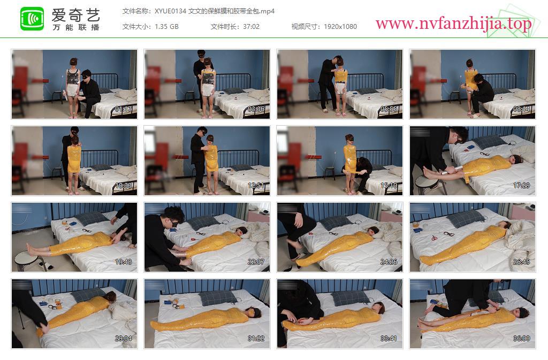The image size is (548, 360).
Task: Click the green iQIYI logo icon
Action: point(32,19)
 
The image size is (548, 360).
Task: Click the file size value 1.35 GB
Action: point(166,27)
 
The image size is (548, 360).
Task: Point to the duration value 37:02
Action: point(252,27)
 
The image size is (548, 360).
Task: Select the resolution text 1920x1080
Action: point(340,27)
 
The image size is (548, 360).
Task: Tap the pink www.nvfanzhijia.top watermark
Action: point(453,24)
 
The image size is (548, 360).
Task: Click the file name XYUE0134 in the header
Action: point(170,11)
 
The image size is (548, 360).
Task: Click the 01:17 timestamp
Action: point(124,109)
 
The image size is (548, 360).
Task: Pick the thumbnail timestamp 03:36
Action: point(256,109)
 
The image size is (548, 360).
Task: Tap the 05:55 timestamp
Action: point(389,109)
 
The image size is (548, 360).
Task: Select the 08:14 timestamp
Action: point(521,109)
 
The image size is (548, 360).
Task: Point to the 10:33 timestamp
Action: point(124,186)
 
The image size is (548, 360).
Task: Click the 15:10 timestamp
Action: point(389,186)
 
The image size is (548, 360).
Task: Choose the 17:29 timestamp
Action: point(521,186)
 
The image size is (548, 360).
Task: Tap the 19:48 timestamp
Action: point(124,262)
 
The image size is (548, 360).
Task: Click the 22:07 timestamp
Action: point(256,262)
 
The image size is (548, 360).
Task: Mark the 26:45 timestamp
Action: point(521,262)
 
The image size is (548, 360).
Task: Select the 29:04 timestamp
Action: point(124,339)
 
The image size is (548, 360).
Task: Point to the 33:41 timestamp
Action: point(389,339)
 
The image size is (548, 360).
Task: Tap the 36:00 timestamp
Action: point(521,339)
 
